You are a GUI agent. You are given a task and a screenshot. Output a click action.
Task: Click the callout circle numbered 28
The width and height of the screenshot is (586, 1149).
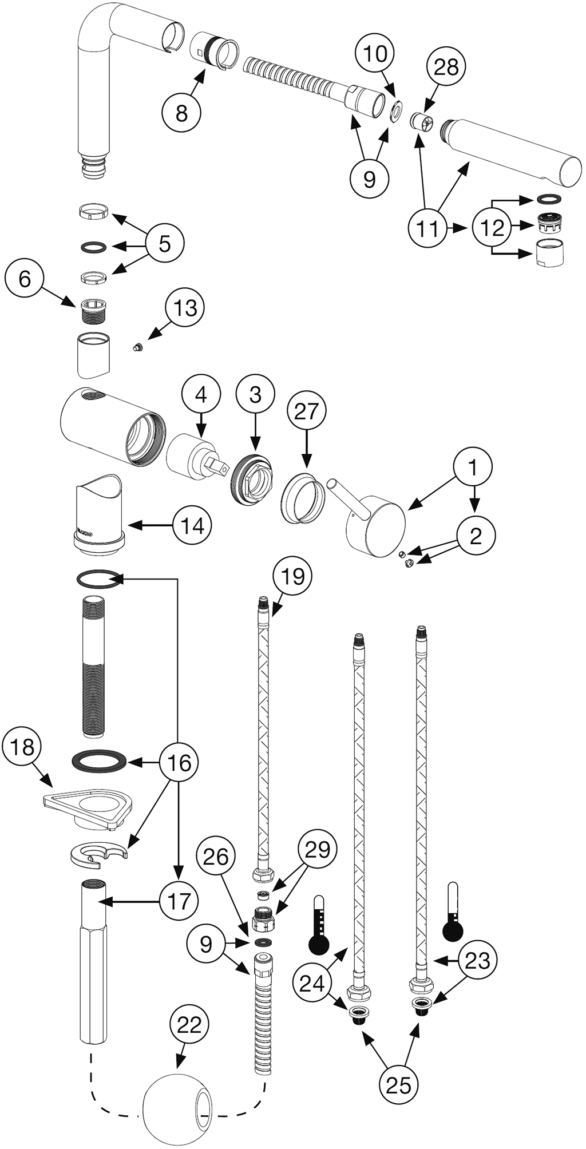(x=446, y=68)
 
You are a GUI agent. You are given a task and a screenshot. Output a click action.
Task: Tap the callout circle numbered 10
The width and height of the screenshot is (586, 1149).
(x=375, y=54)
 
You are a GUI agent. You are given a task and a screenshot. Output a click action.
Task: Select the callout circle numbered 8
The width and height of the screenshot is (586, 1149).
(x=181, y=114)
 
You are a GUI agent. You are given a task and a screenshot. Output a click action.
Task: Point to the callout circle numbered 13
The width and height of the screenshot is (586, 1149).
(x=185, y=308)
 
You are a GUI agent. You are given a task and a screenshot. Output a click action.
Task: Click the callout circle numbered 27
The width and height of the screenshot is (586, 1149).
(x=306, y=411)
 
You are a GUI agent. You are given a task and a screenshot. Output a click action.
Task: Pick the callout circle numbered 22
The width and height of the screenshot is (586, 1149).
(x=189, y=1025)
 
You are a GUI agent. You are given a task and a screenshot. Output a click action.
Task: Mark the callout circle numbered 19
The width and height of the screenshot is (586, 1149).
(x=293, y=577)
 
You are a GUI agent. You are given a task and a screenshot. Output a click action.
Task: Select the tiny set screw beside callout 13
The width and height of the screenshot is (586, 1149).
(x=137, y=347)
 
